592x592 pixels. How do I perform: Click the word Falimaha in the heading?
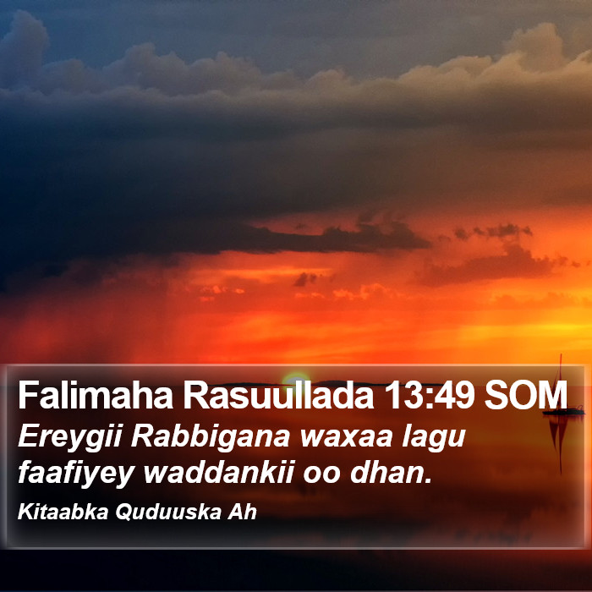click(x=96, y=395)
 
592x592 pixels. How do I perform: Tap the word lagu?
click(x=433, y=438)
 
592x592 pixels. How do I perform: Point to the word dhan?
click(x=391, y=472)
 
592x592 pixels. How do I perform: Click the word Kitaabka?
click(x=63, y=512)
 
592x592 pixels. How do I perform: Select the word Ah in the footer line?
click(x=242, y=512)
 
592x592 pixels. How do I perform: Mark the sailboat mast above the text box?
click(x=560, y=381)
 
